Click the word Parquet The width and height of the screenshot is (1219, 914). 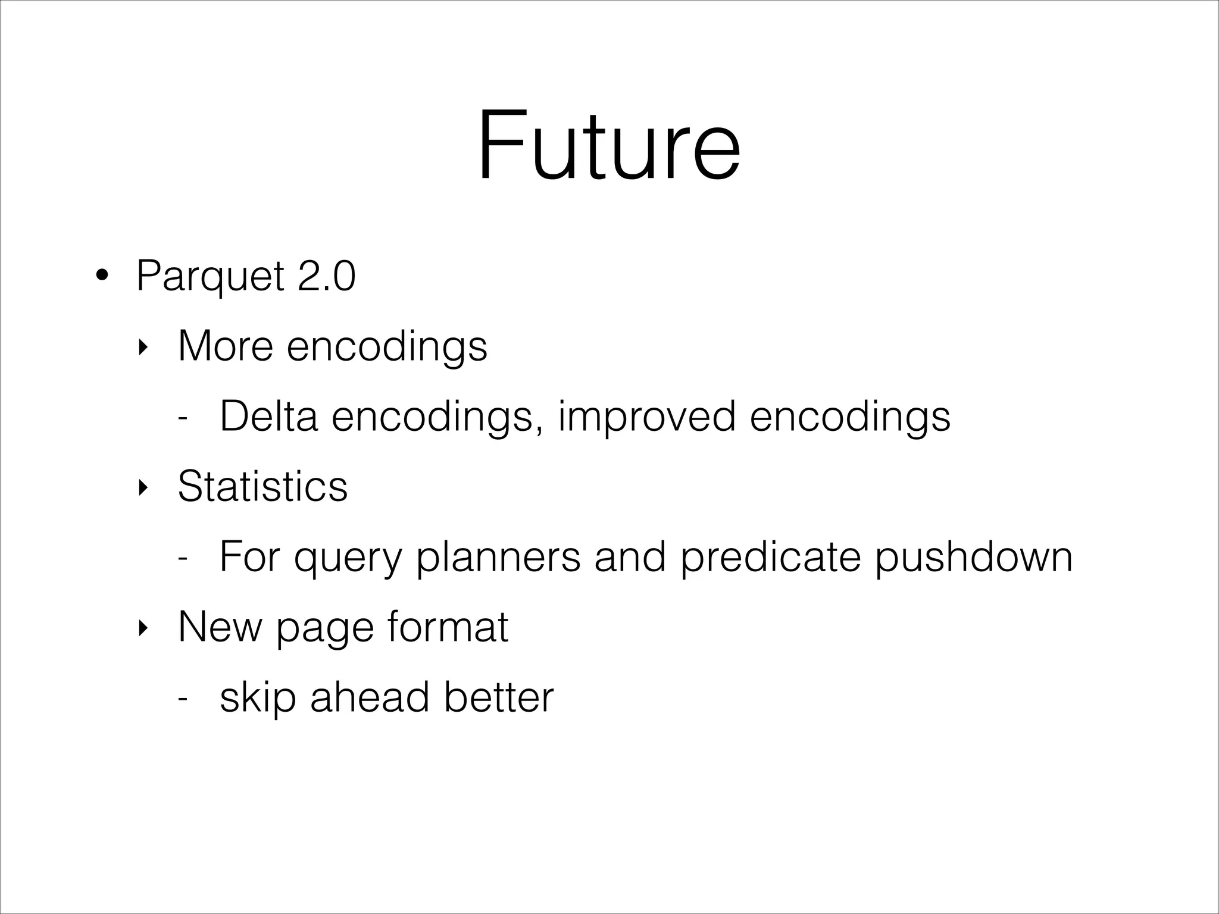210,276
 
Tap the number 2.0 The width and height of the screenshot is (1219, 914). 326,276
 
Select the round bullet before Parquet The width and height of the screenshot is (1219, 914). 102,276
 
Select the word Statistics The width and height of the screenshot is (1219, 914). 262,486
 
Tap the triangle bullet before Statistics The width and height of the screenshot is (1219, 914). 142,487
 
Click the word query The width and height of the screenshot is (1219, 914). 348,558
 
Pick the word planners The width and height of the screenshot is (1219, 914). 498,558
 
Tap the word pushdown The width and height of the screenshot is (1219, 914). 973,558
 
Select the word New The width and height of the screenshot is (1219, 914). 220,627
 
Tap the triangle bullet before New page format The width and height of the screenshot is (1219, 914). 142,628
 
